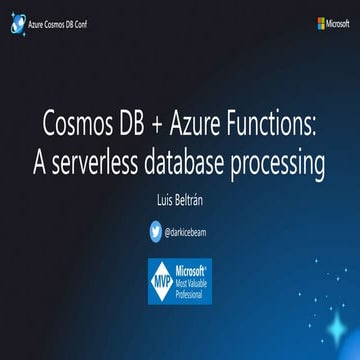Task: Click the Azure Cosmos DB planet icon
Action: pyautogui.click(x=15, y=22)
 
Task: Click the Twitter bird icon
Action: pyautogui.click(x=155, y=230)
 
